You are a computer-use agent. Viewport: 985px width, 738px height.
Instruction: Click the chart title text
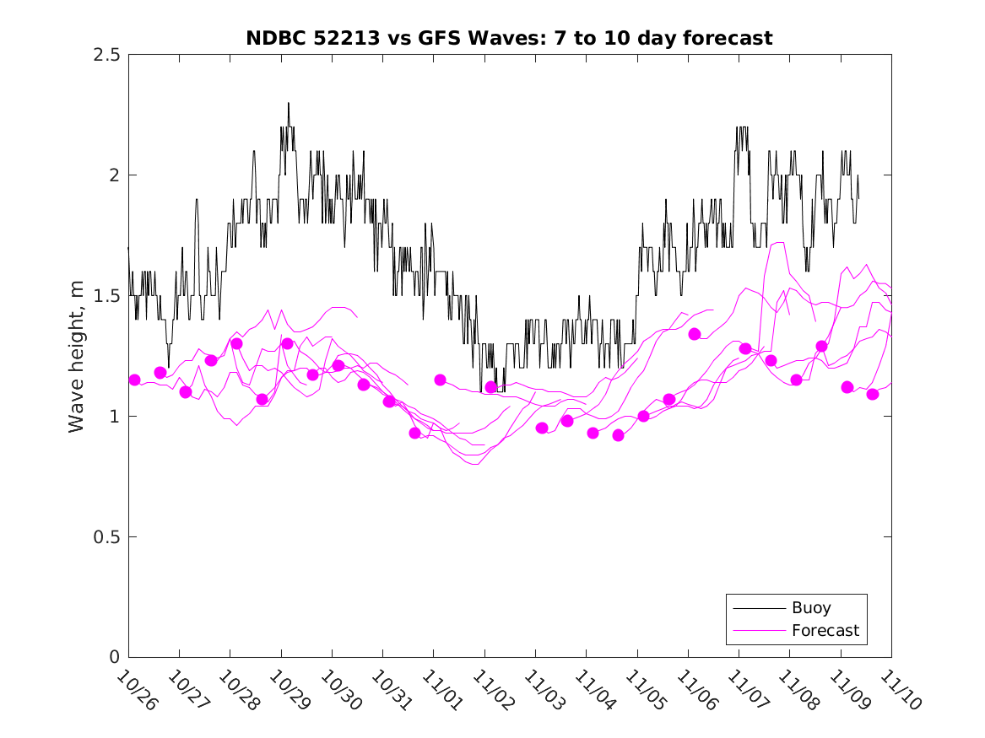click(x=509, y=38)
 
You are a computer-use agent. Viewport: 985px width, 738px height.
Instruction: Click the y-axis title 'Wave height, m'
click(x=77, y=355)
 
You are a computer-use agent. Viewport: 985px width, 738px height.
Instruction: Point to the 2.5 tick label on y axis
click(x=106, y=55)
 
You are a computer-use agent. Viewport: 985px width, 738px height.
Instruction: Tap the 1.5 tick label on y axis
click(x=106, y=296)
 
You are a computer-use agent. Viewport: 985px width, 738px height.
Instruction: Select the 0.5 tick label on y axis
click(x=106, y=537)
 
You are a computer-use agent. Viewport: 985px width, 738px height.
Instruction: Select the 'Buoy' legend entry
click(x=810, y=608)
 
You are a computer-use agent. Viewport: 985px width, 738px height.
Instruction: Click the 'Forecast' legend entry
click(x=825, y=631)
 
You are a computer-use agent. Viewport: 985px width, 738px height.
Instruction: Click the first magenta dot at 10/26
click(x=134, y=380)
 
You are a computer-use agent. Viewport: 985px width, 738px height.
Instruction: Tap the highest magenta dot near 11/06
click(x=695, y=334)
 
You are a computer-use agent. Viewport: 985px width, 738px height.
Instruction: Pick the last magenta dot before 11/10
click(x=873, y=394)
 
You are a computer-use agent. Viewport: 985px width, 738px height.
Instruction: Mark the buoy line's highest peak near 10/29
click(x=289, y=104)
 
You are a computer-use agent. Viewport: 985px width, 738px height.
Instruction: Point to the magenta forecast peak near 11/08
click(x=780, y=243)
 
